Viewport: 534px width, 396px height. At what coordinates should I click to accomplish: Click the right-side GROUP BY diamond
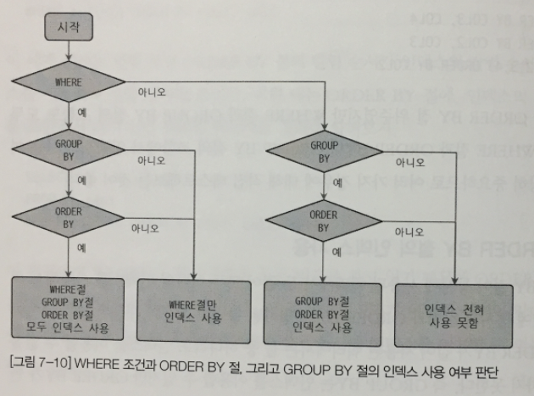(x=324, y=151)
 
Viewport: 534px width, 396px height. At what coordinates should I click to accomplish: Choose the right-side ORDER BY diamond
(x=324, y=221)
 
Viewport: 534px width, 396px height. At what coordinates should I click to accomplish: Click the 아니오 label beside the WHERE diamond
(x=151, y=90)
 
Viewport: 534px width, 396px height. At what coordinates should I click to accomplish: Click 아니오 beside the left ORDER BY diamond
(x=146, y=227)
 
